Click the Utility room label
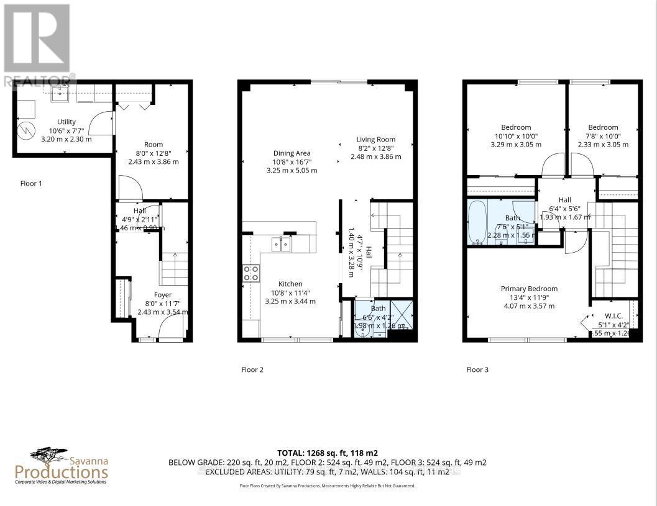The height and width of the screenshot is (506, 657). coord(66,122)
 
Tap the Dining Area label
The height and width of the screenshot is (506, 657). coord(292,153)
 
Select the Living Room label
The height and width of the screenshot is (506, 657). coord(375,140)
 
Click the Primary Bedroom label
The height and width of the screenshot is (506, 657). coord(529,289)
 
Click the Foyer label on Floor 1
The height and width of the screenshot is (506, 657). coord(163,295)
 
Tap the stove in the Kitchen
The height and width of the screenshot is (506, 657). coord(250,273)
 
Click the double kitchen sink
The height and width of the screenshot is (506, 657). coord(281,244)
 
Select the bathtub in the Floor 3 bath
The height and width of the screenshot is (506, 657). coord(479,220)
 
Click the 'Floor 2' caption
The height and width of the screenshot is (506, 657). coord(252,370)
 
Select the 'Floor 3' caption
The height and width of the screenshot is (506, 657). coord(477,370)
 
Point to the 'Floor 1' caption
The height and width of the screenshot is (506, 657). coord(31,184)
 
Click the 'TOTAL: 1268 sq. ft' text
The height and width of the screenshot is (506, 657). coord(328,453)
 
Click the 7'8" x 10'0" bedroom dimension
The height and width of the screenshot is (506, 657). coord(603,136)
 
